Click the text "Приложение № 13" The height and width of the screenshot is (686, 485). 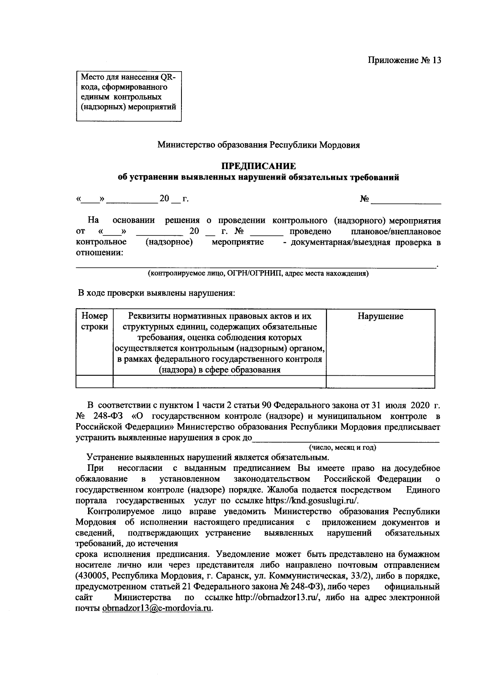point(404,60)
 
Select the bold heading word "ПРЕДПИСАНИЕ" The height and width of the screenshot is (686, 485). point(258,166)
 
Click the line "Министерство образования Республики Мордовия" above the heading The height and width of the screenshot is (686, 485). point(259,145)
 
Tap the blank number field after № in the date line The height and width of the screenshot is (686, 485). point(406,199)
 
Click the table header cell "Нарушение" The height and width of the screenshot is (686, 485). point(380,316)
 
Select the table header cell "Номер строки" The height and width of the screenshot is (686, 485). point(95,321)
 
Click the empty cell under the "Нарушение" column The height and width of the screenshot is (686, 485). point(380,381)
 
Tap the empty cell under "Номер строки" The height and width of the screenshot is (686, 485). point(95,381)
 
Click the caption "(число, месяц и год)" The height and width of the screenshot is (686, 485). point(342,447)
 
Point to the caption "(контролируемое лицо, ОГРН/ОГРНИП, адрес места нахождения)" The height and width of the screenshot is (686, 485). point(257,273)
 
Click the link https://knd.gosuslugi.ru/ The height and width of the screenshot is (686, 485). point(312,501)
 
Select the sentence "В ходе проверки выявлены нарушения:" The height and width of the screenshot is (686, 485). point(156,293)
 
